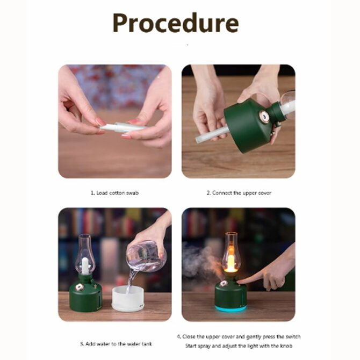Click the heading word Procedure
(176, 23)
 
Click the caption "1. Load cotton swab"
(114, 193)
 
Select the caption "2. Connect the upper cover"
(239, 193)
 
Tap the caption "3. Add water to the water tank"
(116, 344)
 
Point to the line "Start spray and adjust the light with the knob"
(239, 346)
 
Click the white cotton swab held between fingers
(121, 127)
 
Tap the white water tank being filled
(128, 298)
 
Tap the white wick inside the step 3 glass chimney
(85, 266)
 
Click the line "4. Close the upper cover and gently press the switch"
(239, 336)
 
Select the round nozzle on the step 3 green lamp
(80, 287)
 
